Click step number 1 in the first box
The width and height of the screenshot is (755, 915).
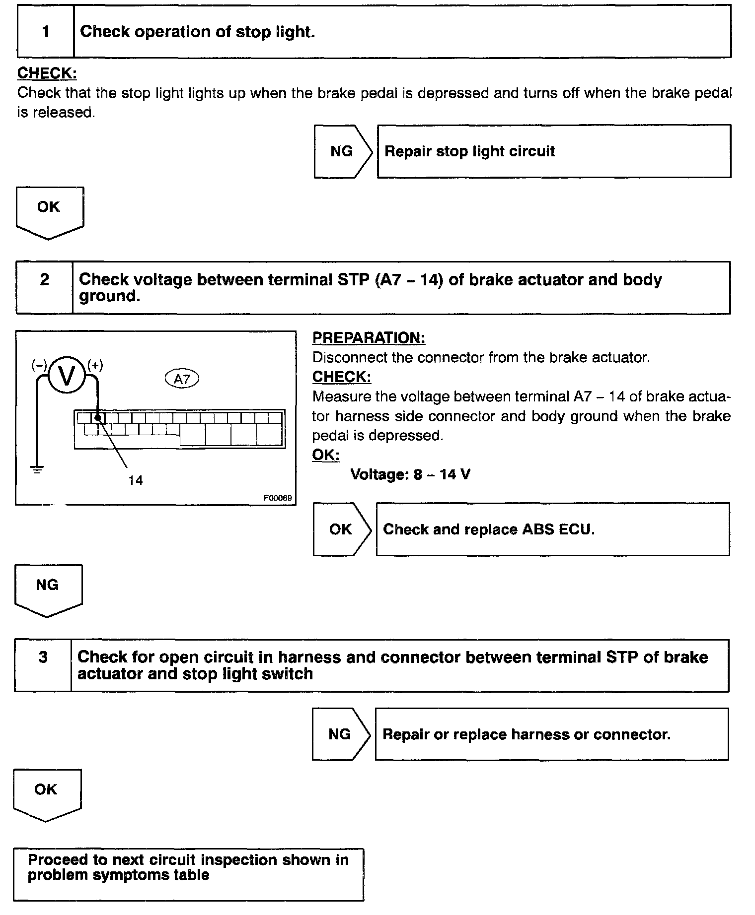pyautogui.click(x=46, y=32)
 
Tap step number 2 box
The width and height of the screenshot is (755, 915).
pyautogui.click(x=45, y=280)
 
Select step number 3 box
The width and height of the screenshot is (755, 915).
pyautogui.click(x=43, y=657)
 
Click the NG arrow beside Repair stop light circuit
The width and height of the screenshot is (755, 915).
pyautogui.click(x=342, y=151)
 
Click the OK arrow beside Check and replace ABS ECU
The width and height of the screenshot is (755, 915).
pyautogui.click(x=341, y=529)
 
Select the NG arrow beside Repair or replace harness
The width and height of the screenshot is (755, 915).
pyautogui.click(x=340, y=734)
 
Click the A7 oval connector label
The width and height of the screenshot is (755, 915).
pyautogui.click(x=182, y=380)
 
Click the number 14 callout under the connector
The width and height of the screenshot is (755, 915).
pyautogui.click(x=135, y=480)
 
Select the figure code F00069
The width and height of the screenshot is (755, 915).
pyautogui.click(x=278, y=498)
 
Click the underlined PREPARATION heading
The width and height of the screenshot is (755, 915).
pyautogui.click(x=369, y=338)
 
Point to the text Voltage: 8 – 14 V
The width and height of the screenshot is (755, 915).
pyautogui.click(x=410, y=475)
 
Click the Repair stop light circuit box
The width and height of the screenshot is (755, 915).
pyautogui.click(x=554, y=151)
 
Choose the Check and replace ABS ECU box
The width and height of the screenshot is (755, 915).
pyautogui.click(x=552, y=529)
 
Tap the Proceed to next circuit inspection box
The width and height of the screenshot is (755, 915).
pyautogui.click(x=188, y=874)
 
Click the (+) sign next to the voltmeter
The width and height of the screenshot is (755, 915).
pyautogui.click(x=95, y=366)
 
